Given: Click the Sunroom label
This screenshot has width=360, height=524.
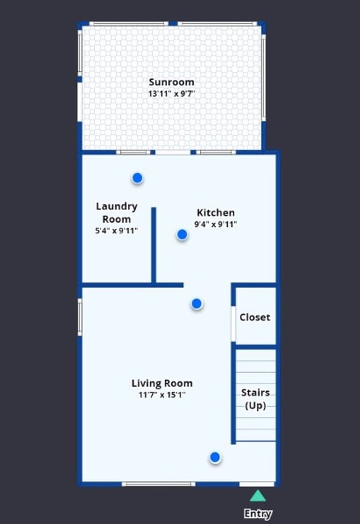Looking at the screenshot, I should (x=171, y=83).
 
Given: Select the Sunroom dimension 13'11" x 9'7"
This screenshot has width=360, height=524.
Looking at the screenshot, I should (x=171, y=94).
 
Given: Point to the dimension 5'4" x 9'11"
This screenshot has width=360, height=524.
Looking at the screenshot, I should (x=116, y=230).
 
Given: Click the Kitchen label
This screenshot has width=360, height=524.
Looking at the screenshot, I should (x=215, y=213).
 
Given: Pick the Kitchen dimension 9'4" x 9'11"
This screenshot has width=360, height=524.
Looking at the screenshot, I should (x=215, y=224).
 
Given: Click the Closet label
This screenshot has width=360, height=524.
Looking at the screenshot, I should (x=255, y=317).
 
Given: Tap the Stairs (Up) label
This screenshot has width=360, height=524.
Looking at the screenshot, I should (x=255, y=399).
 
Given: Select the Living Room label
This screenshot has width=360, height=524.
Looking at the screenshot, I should (x=162, y=383).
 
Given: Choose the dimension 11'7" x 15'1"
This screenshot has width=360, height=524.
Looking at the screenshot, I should (x=162, y=395).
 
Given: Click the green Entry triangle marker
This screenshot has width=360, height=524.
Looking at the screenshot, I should (x=258, y=495).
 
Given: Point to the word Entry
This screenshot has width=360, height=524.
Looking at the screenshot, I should (x=258, y=514).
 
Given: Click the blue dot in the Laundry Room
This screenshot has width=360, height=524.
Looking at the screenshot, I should (x=137, y=178).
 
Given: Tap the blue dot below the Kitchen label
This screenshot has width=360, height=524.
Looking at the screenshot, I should (x=182, y=235).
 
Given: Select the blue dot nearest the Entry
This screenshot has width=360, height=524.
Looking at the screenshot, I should (x=215, y=458).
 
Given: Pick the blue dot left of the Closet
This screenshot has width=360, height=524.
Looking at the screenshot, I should (x=197, y=304).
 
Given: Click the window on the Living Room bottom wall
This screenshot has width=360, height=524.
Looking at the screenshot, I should (x=158, y=484).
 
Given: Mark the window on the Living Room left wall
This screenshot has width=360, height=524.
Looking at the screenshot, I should (x=80, y=317).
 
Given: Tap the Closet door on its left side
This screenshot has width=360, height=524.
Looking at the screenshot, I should (x=233, y=323).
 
